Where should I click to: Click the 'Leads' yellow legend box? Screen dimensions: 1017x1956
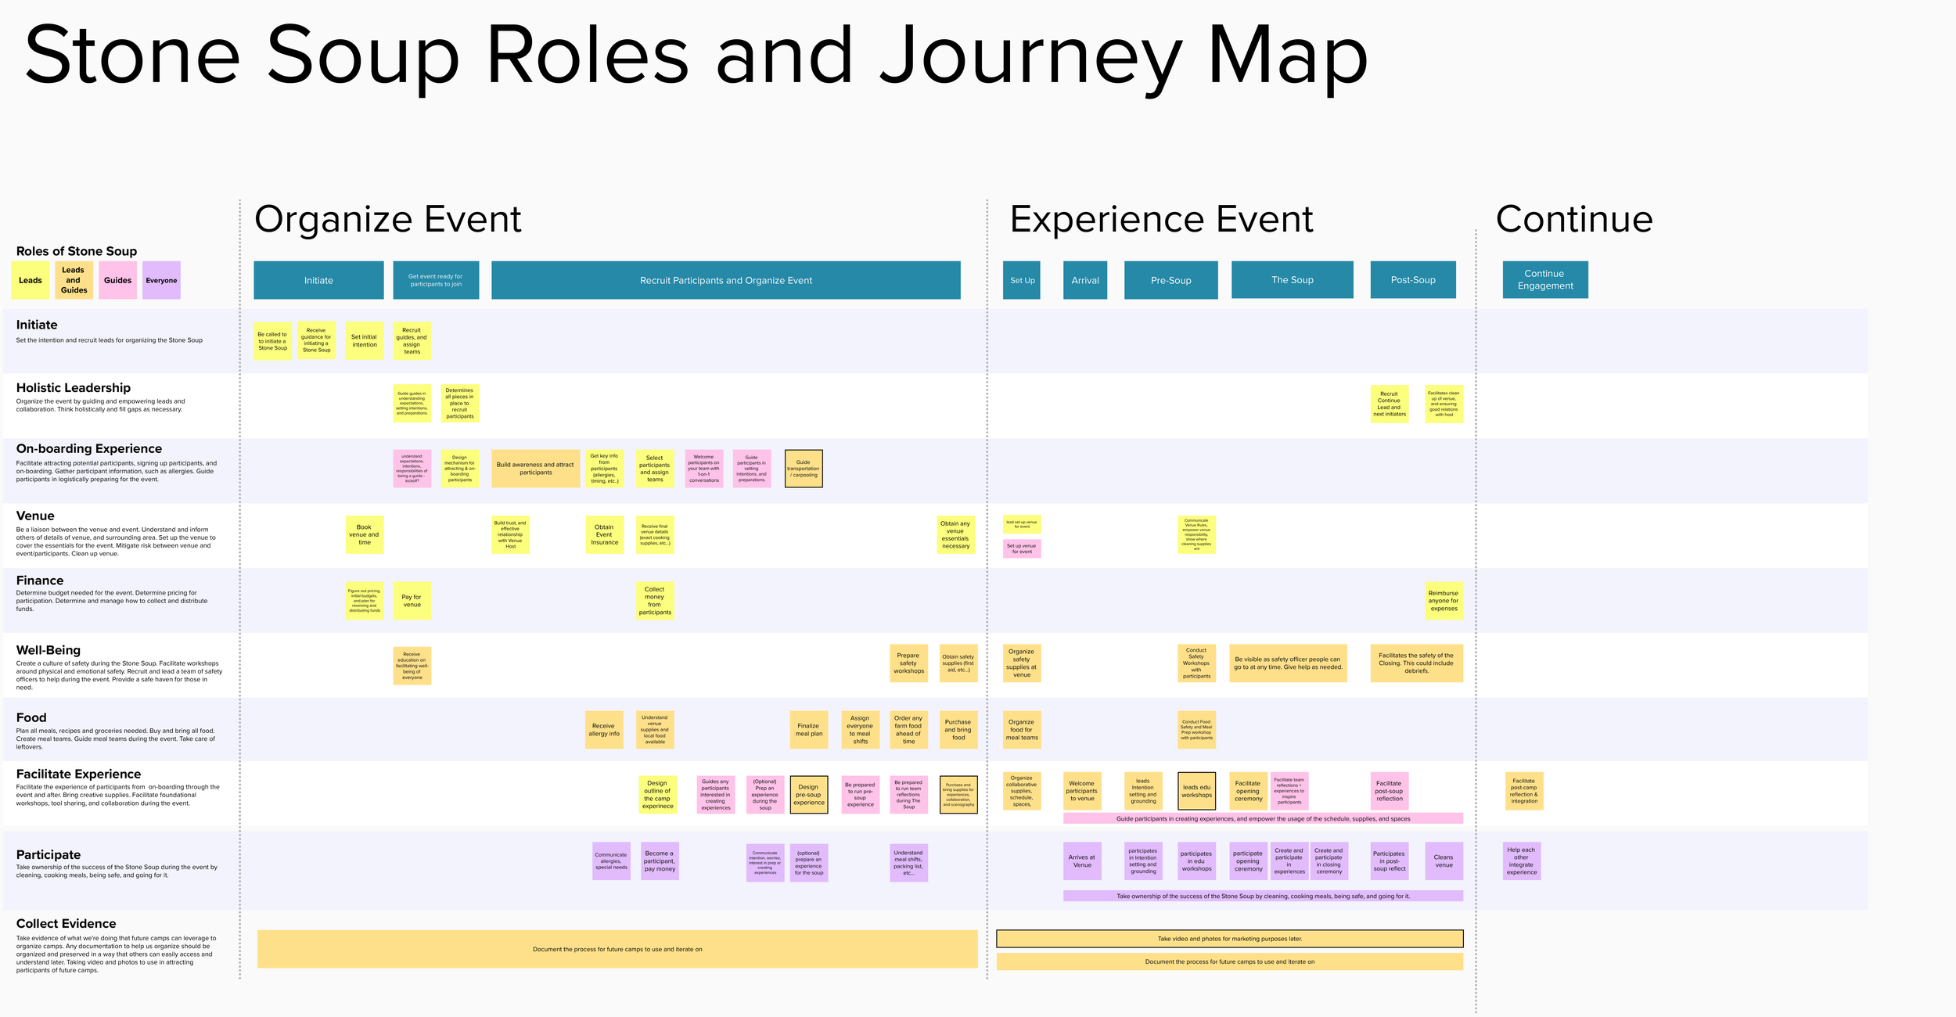31,280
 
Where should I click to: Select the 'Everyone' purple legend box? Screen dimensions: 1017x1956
161,280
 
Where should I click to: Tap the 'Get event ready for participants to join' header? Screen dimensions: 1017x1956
436,280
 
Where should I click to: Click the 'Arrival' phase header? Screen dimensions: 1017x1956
1084,280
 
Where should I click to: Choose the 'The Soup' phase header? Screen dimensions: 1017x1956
1292,280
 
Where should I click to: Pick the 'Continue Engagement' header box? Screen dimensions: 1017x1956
1544,279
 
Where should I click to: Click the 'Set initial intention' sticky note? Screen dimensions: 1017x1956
364,341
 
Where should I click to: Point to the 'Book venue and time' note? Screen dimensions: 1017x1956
365,535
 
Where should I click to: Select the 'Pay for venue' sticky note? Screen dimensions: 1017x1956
412,601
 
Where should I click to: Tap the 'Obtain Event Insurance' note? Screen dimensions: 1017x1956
604,535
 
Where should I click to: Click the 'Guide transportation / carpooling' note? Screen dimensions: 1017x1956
804,469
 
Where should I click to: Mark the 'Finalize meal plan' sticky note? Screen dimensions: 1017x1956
809,730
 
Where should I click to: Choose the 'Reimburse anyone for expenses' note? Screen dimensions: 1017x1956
1444,601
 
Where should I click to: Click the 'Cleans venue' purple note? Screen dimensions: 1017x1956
1444,861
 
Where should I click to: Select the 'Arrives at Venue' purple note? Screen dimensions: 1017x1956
1082,861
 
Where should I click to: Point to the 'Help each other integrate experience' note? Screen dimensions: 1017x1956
1522,861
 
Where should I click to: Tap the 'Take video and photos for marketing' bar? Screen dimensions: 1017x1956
1229,939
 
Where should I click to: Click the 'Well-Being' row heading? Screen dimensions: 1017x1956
49,650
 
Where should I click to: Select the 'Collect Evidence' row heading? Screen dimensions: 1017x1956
67,924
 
